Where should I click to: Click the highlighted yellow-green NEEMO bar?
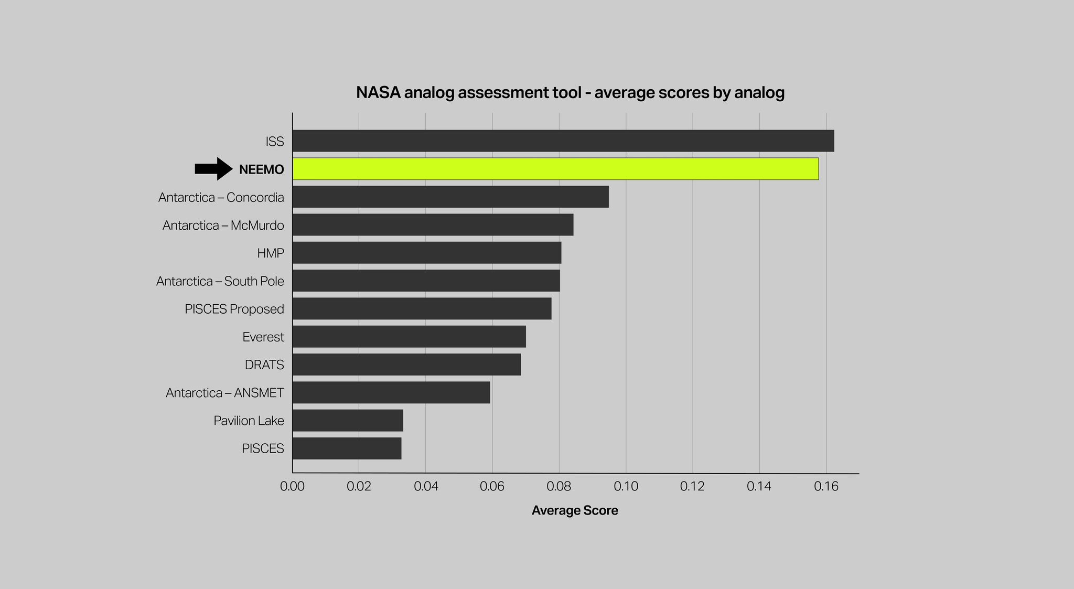[555, 169]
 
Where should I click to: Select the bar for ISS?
[563, 141]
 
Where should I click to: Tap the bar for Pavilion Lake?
[348, 421]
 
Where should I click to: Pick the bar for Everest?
[409, 337]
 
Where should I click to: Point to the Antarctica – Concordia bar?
[450, 197]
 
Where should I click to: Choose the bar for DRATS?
[406, 365]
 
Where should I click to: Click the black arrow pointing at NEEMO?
[213, 169]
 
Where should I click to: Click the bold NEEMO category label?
[261, 169]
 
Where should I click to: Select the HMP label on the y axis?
[271, 253]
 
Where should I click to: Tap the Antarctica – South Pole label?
[220, 281]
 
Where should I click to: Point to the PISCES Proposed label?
[234, 309]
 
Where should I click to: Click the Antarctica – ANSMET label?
[225, 393]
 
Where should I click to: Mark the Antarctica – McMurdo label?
[223, 226]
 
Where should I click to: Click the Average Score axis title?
[575, 510]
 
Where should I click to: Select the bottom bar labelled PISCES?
[347, 448]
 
